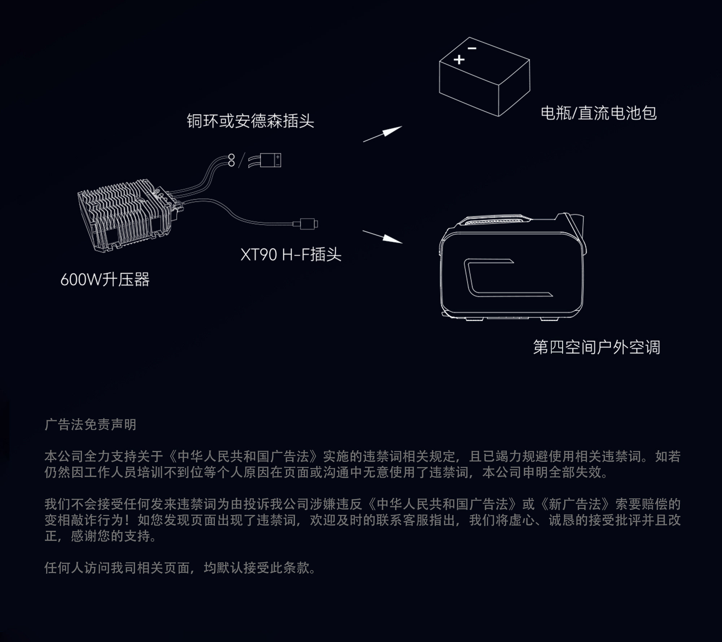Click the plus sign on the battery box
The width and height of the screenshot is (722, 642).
pos(459,59)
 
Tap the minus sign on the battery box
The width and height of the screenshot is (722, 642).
pos(472,48)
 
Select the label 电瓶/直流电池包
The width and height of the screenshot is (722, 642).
pos(599,113)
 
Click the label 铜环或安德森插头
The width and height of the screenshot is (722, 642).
pos(250,121)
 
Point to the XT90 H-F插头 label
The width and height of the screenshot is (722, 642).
pos(291,255)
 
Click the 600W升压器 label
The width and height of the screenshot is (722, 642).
pos(105,279)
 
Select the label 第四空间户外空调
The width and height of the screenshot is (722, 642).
pos(596,347)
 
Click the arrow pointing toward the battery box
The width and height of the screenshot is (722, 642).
pos(383,134)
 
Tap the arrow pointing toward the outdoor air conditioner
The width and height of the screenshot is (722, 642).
pos(383,237)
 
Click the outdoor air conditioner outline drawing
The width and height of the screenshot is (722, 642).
pos(511,269)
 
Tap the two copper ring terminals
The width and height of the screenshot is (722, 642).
pos(231,160)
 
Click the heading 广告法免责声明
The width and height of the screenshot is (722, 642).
pos(90,425)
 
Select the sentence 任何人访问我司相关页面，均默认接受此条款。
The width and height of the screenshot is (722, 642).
pos(180,568)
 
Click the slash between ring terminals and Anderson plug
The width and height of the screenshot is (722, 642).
pos(242,160)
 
